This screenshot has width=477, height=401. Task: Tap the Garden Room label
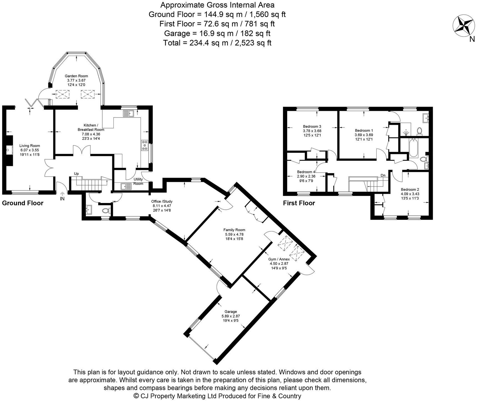76,76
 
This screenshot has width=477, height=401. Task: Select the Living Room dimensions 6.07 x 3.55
29,150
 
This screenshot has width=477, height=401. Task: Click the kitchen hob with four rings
145,145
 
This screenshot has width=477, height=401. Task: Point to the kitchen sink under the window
128,113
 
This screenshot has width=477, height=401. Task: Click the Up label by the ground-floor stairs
76,173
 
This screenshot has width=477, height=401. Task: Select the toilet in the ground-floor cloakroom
106,211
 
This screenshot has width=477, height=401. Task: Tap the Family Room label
234,230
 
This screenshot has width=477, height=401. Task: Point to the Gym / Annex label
279,259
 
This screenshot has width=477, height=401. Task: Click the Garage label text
231,312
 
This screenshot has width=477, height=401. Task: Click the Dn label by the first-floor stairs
383,175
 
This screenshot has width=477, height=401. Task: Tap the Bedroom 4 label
306,172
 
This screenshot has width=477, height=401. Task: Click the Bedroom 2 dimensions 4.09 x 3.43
410,194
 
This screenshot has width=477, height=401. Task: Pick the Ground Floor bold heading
23,203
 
